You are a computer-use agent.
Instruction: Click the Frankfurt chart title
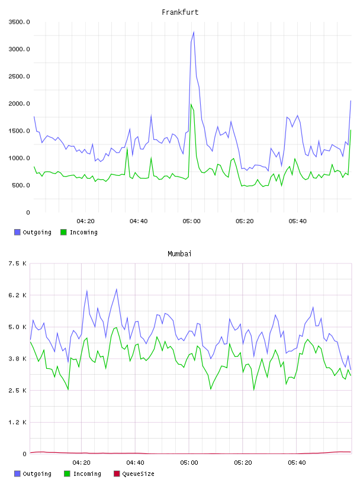point(180,12)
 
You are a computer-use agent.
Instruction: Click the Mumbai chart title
point(179,253)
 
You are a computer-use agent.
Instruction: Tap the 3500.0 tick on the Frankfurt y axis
point(19,22)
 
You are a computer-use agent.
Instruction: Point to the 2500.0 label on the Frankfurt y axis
point(19,76)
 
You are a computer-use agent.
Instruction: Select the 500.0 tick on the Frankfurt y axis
point(21,185)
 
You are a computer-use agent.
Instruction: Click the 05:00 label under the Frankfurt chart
point(191,221)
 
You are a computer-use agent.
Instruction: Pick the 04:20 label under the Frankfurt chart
point(85,221)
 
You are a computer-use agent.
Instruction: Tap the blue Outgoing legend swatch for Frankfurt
point(17,232)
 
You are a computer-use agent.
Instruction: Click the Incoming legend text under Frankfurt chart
point(83,233)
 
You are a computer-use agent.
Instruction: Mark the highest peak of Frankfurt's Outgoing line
point(194,32)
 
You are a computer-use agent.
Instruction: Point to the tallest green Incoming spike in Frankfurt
point(191,104)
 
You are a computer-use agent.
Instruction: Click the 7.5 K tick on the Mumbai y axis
point(17,263)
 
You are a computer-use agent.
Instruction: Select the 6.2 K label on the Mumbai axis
point(17,295)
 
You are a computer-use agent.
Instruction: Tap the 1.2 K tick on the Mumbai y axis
point(17,422)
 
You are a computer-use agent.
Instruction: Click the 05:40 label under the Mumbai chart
point(297,463)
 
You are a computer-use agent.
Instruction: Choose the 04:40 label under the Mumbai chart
point(136,463)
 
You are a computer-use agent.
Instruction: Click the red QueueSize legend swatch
point(117,474)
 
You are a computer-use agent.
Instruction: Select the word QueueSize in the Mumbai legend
point(138,474)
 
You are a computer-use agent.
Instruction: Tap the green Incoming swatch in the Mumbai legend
point(67,474)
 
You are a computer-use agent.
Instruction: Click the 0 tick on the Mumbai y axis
point(24,454)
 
